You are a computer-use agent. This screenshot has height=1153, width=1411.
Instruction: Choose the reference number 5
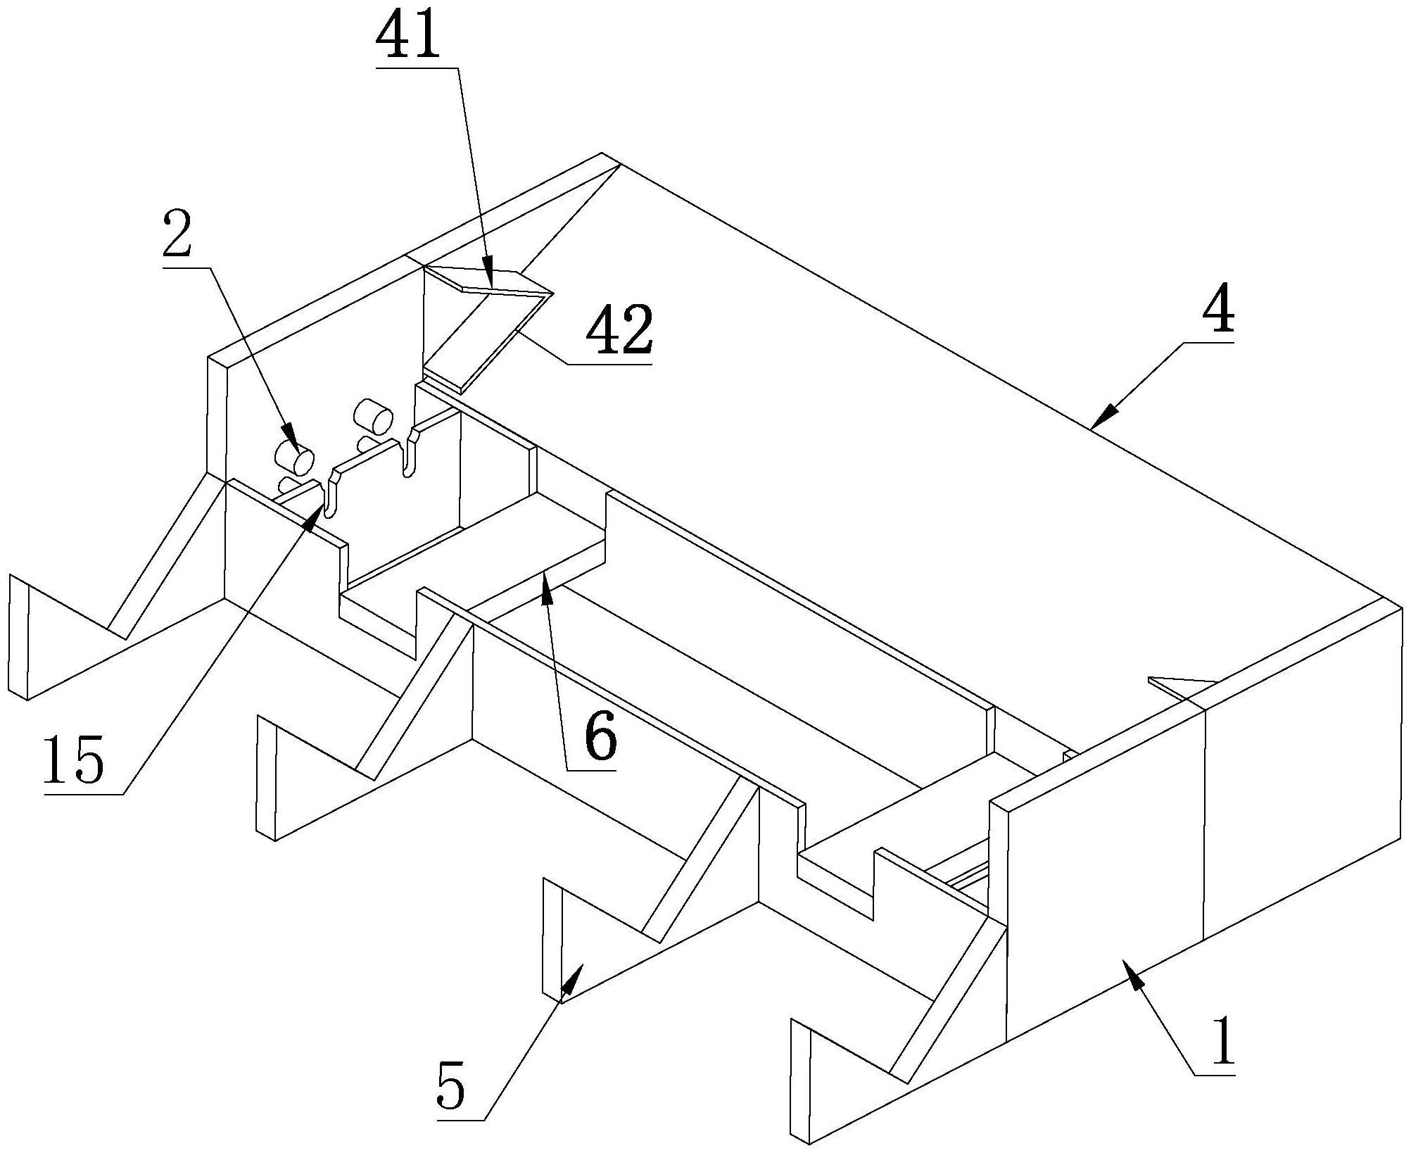click(450, 1088)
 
